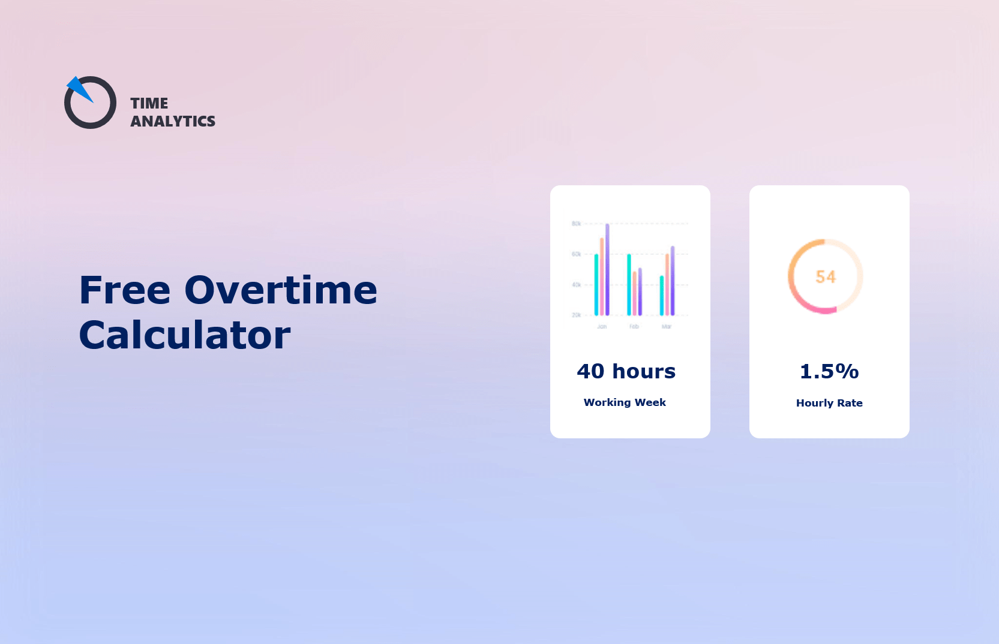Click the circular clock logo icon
[x=91, y=104]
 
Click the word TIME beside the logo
[x=149, y=103]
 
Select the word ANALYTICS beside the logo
[x=173, y=121]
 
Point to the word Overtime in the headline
[x=281, y=290]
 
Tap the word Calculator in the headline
[x=185, y=335]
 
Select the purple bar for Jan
[x=607, y=270]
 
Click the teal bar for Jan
[x=596, y=285]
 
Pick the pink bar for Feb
[x=634, y=294]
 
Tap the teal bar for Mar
[x=662, y=296]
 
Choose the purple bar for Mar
[x=673, y=281]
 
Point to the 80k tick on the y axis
[x=576, y=224]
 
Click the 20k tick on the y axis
[x=576, y=315]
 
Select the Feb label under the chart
[x=634, y=327]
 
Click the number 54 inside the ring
[x=826, y=276]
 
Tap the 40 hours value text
[x=626, y=371]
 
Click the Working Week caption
[x=625, y=402]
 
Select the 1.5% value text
[x=829, y=372]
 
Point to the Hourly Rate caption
[x=829, y=403]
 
